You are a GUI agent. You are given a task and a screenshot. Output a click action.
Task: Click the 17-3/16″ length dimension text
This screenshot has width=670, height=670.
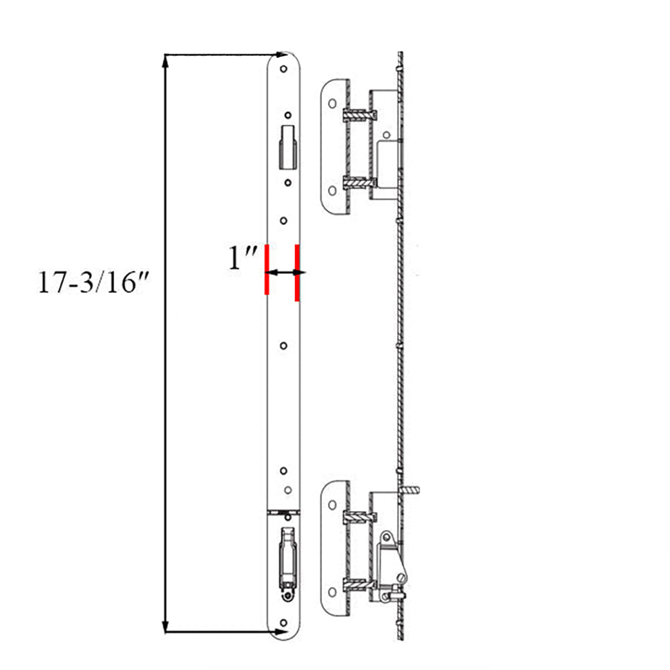point(92,283)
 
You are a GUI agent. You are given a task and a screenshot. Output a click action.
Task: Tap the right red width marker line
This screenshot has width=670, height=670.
point(296,272)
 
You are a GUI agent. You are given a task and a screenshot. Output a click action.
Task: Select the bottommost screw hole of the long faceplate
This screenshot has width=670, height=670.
point(282,619)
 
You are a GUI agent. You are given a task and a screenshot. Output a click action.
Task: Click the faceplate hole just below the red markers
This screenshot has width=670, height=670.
point(283,346)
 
